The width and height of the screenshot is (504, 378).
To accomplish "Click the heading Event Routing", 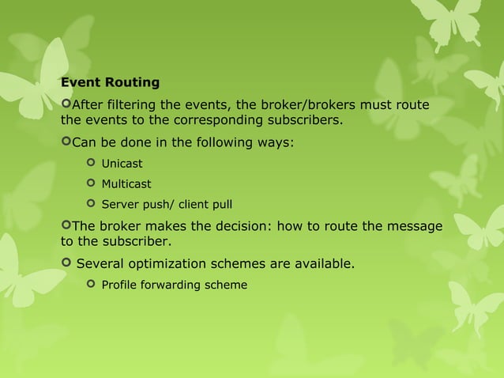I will click(110, 82).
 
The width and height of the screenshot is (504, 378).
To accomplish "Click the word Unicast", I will click(122, 164).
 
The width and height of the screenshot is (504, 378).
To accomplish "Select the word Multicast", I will click(126, 184).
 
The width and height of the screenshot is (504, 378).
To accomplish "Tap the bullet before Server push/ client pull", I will click(90, 205).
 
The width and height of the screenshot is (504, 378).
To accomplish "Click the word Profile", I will click(118, 284).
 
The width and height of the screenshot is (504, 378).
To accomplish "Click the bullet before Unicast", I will click(90, 164).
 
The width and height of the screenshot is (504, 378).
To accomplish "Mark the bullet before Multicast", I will click(90, 184).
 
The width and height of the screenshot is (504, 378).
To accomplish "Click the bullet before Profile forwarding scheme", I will click(90, 284).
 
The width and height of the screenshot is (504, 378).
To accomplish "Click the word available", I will click(324, 263).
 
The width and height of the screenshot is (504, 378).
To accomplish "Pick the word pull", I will click(220, 205).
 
